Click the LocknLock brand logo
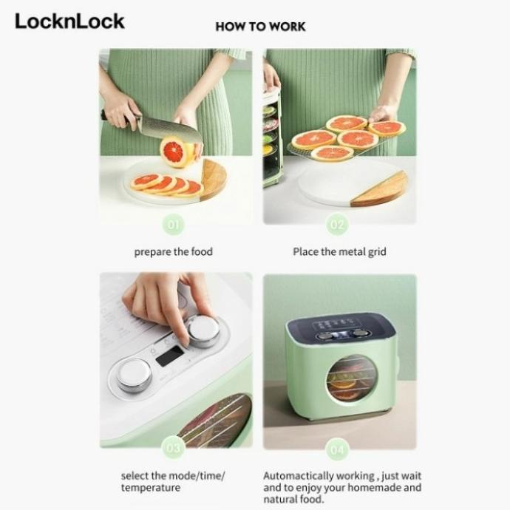pos(69,21)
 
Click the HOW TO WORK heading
pos(260,27)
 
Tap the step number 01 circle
pos(173,223)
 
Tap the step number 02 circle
pos(336,223)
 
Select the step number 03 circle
pos(173,447)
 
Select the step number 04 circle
pos(336,447)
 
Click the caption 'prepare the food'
pos(173,252)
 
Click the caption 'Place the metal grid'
pos(339,252)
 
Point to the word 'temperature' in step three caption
pos(151,489)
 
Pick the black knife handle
pos(111,115)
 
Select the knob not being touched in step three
pos(135,375)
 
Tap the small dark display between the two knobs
pos(170,355)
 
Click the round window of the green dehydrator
pos(353,378)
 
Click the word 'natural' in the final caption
pos(281,500)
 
